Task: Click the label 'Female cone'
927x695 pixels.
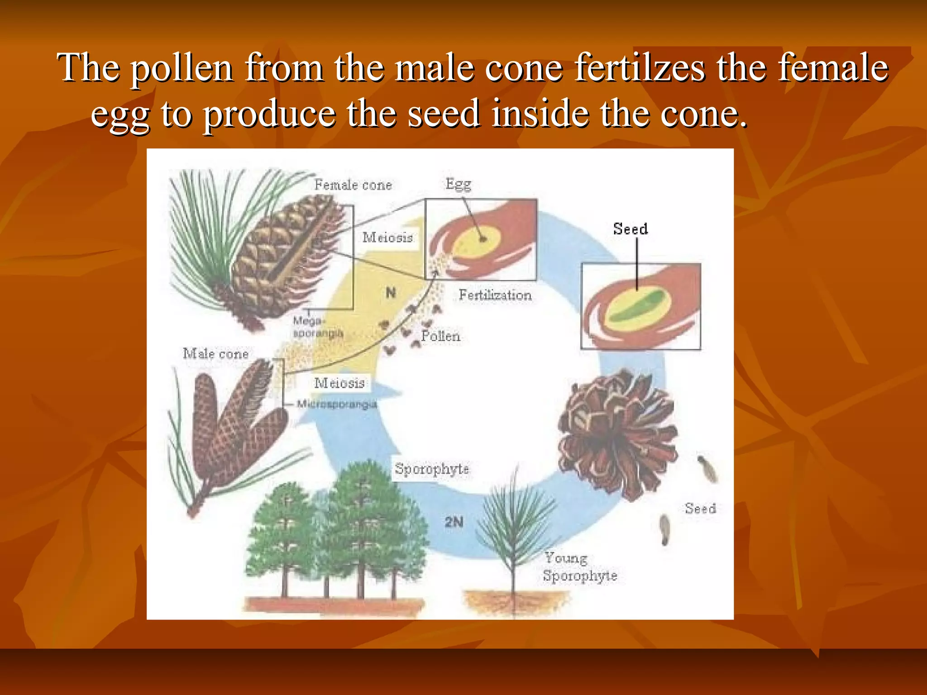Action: click(353, 185)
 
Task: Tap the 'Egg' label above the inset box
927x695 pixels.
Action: click(458, 184)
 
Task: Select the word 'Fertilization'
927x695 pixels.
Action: click(495, 295)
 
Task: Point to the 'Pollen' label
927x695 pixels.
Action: click(440, 336)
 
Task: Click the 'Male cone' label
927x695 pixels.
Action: click(216, 354)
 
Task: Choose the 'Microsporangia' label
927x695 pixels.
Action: click(337, 404)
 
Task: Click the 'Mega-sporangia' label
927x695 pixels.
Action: click(317, 327)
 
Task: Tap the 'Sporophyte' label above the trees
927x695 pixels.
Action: click(432, 469)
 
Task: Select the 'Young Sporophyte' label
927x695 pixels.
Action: click(579, 567)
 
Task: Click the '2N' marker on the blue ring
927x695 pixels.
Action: click(454, 522)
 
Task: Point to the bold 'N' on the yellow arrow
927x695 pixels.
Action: click(391, 293)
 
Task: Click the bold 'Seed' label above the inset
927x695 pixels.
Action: click(631, 229)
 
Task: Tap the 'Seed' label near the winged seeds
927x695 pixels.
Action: click(700, 509)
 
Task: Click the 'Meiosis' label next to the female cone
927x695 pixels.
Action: click(388, 238)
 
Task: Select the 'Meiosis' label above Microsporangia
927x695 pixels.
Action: click(339, 383)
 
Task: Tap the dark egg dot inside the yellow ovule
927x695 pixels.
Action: click(483, 238)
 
